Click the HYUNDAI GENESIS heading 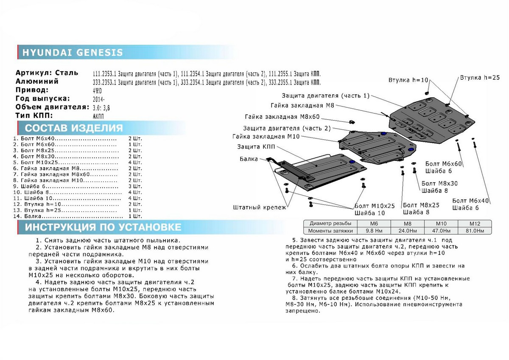(73, 53)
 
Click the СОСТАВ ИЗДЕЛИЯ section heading (74, 128)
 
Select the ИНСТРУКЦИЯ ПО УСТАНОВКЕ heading (103, 227)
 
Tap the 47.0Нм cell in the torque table (441, 231)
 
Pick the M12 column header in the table (475, 224)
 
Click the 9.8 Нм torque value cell (374, 231)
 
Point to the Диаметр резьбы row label (330, 223)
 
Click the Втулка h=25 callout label (480, 78)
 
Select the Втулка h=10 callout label (408, 80)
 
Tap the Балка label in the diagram (249, 159)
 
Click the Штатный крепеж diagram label (260, 208)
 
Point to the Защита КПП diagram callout (256, 147)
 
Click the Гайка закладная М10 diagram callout (266, 136)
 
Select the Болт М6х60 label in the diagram (443, 164)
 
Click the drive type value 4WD (97, 91)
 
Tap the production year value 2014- (98, 99)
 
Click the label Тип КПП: (34, 115)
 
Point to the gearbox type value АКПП (98, 116)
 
